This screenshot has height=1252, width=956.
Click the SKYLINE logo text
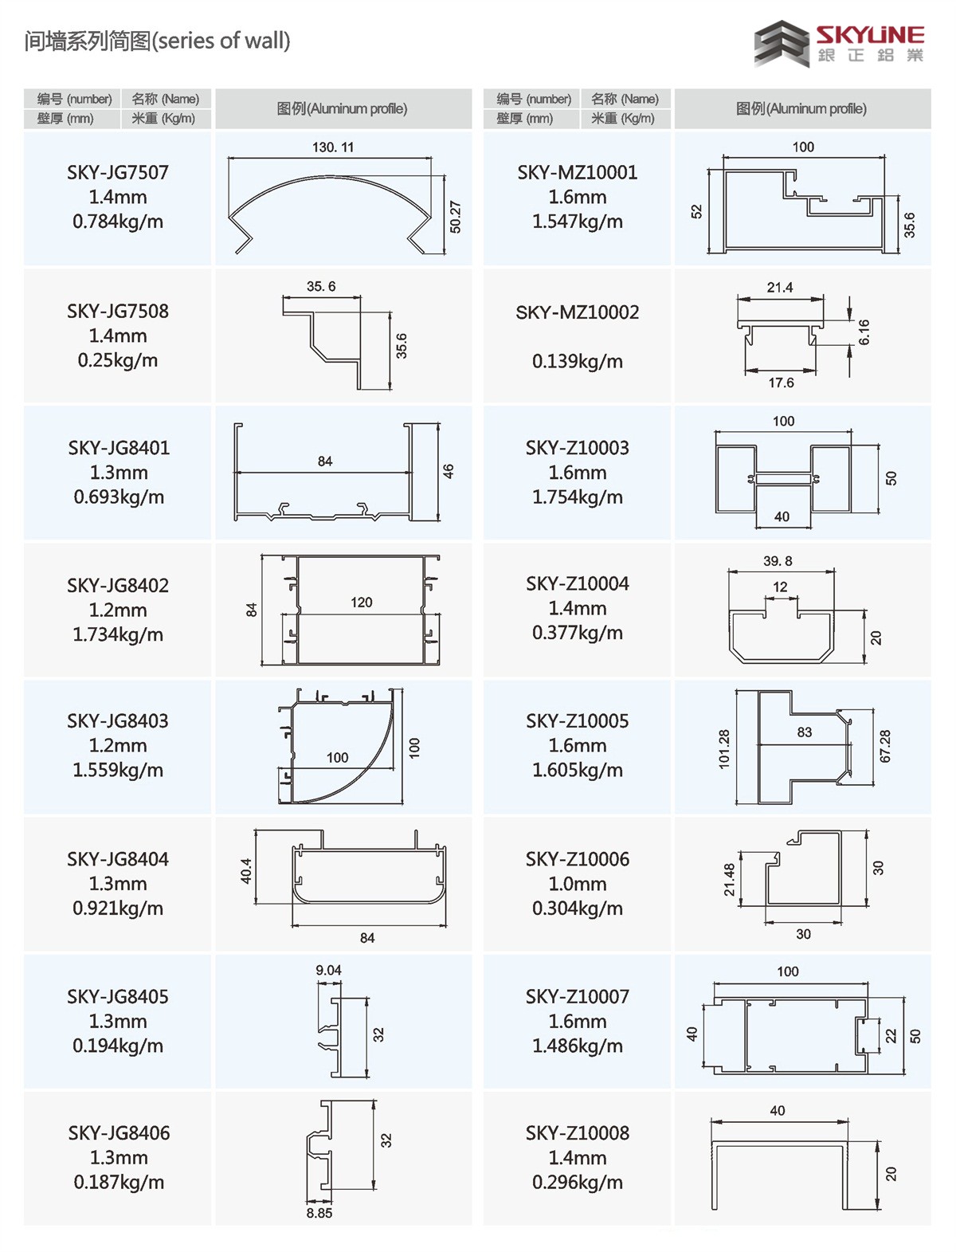pos(869,35)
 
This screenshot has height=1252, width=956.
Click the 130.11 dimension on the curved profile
pos(333,147)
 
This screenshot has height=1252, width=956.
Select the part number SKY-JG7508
pos(118,311)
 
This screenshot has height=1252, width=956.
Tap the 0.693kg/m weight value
pos(119,496)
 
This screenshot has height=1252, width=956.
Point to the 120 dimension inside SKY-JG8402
pos(362,602)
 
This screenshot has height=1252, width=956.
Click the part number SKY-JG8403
pos(118,721)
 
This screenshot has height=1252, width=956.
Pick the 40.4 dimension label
pos(245,871)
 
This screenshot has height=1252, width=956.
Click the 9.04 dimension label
pos(328,970)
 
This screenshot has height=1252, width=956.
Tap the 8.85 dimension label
pos(319,1213)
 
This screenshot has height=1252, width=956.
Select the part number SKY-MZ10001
pos(578,172)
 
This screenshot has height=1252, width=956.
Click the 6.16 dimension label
pos(864,332)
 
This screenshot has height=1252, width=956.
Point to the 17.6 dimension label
pos(781,383)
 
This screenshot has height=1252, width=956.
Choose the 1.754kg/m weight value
pos(578,496)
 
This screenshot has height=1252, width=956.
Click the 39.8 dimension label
pos(778,561)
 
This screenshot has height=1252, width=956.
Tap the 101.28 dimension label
pos(724,749)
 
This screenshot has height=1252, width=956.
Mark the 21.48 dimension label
pos(729,880)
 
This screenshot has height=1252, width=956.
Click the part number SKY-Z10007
pos(578,996)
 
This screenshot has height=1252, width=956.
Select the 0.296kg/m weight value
pos(578,1182)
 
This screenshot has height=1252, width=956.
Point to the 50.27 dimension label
pos(455,217)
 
